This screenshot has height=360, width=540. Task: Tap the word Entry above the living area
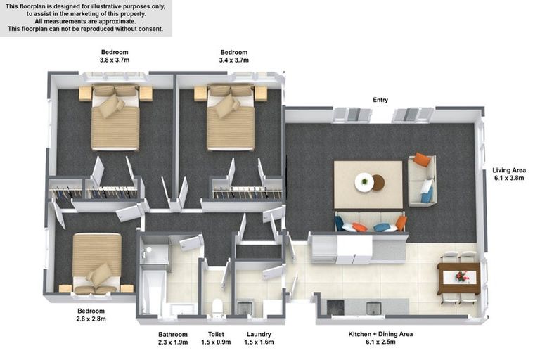pos(380,100)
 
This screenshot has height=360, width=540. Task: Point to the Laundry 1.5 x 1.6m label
pos(259,338)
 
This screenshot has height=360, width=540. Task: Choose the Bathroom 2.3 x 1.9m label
pos(173,338)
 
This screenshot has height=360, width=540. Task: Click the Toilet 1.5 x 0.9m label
pos(216,338)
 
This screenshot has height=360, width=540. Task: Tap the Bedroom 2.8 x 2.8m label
pos(91,315)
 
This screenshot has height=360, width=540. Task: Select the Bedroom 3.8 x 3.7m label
pos(115,56)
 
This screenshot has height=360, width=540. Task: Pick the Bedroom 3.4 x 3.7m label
pos(234,56)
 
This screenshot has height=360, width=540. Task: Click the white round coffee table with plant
pos(364,181)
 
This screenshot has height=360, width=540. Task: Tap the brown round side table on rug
pos(378,183)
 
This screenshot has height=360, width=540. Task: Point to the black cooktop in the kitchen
pos(335,307)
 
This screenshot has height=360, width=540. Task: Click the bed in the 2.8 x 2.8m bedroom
pos(97,263)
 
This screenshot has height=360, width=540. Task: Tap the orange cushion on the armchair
pos(422,159)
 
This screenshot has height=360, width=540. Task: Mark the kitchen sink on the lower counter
pos(373,308)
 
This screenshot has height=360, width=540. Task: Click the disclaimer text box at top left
pos(86,18)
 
